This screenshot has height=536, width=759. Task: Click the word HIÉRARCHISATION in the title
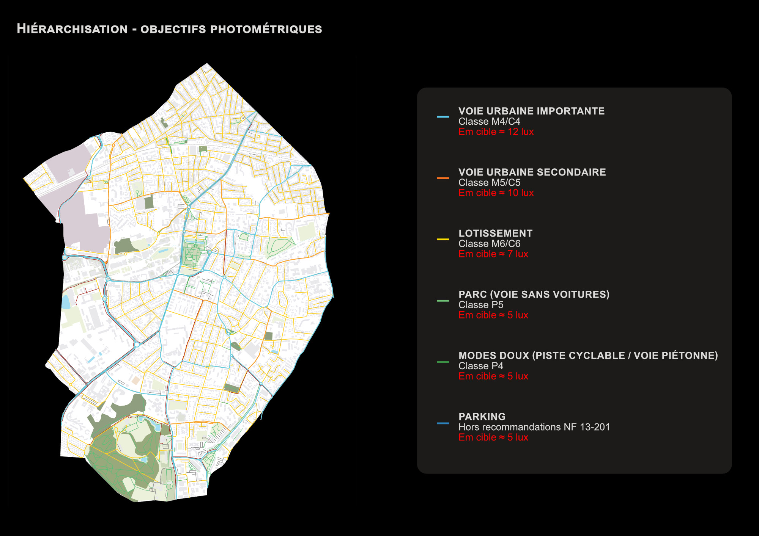coord(72,29)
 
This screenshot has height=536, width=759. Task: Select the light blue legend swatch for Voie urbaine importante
coord(442,117)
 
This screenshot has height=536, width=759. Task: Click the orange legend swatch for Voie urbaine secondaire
coord(442,178)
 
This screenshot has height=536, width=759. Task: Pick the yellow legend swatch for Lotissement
coord(442,239)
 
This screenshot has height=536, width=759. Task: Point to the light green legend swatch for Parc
coord(442,301)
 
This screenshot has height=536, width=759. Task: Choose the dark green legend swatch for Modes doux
coord(442,362)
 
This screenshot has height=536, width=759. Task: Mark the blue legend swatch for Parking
coord(442,423)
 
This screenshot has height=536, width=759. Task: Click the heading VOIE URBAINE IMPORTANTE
coord(531,111)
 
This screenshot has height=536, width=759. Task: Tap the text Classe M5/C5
coord(489,183)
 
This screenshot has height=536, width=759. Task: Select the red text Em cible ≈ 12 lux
coord(496,132)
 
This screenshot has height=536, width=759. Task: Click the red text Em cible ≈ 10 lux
coord(496,193)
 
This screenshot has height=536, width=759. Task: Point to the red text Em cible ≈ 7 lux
coord(493,254)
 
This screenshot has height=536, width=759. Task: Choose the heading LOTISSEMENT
coord(495,234)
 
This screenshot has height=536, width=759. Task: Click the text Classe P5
coord(480,305)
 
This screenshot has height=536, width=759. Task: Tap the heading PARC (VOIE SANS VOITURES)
coord(534,295)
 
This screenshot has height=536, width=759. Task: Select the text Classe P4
coord(480,366)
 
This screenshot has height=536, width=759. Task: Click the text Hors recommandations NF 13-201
coord(534,427)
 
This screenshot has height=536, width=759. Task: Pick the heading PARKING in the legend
coord(482,417)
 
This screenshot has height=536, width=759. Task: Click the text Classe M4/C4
coord(489,122)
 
